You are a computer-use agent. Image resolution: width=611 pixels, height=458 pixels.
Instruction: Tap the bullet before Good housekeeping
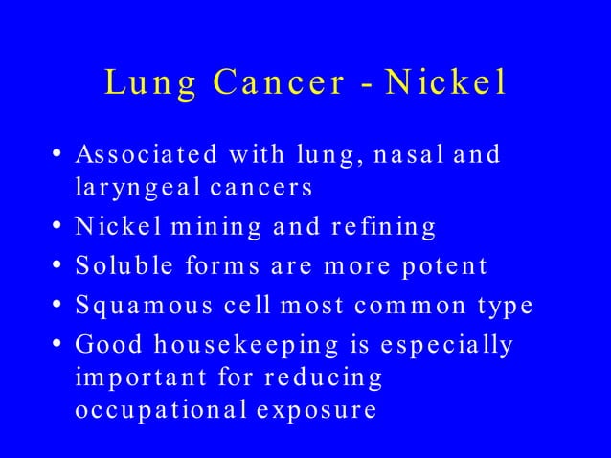point(58,342)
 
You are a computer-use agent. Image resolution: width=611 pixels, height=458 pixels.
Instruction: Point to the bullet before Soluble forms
point(58,264)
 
